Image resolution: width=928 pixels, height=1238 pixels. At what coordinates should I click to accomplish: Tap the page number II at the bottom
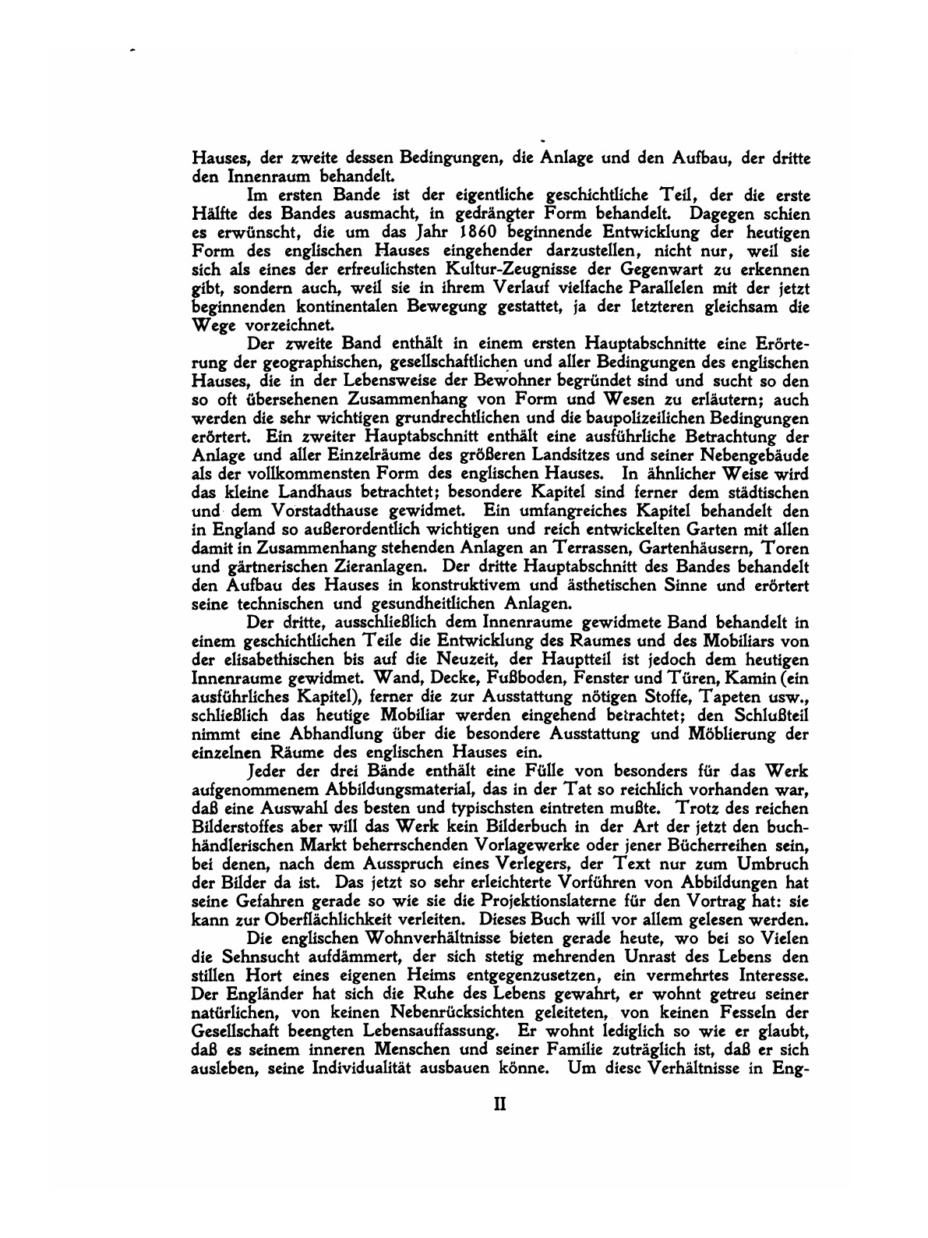pos(499,1105)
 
